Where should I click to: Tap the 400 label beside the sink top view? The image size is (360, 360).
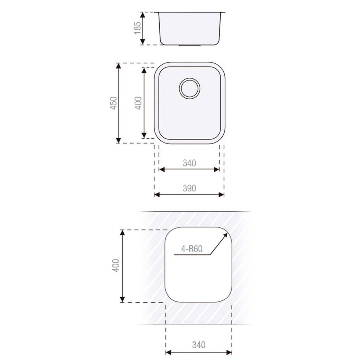pos(138,103)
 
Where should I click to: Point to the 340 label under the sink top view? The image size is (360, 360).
pos(189,163)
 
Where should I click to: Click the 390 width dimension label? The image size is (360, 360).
pos(189,188)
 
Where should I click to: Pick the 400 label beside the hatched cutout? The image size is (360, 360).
pos(116,265)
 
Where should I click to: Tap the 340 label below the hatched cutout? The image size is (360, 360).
pos(199,345)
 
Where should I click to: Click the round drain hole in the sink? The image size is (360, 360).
pos(189,88)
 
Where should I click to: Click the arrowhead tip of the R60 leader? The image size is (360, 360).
pos(226,234)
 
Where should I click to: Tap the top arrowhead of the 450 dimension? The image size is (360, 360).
pos(119,65)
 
